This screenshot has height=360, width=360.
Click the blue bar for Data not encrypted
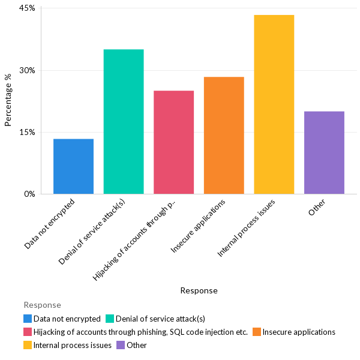click(x=73, y=166)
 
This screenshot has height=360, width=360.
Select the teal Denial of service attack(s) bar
click(x=124, y=122)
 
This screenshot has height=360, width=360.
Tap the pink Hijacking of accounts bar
click(x=173, y=142)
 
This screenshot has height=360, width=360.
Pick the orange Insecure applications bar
click(x=224, y=136)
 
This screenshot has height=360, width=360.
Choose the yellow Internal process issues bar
click(x=274, y=104)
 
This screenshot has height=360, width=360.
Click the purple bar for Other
click(x=324, y=152)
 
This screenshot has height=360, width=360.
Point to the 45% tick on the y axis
click(x=28, y=8)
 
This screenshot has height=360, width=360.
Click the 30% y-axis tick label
click(x=28, y=70)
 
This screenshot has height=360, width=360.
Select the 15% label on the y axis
click(x=28, y=132)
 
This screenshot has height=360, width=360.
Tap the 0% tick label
click(x=29, y=194)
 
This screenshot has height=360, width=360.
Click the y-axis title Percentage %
click(x=8, y=100)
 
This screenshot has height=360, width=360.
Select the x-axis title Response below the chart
click(x=199, y=290)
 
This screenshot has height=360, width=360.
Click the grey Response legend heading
click(x=42, y=305)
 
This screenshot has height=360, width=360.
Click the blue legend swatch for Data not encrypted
click(x=28, y=319)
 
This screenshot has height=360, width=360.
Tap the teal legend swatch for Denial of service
click(x=109, y=319)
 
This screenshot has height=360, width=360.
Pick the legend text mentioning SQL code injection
click(x=140, y=332)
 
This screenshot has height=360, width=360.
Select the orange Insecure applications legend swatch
click(x=256, y=332)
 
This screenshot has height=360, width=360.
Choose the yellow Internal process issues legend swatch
click(x=28, y=345)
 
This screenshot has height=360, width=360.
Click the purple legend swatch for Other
click(x=121, y=345)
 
